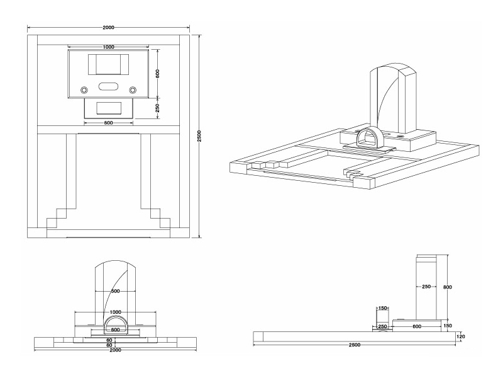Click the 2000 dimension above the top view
pos(108,28)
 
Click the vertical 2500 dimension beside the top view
pos(199,135)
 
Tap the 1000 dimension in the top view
pos(108,47)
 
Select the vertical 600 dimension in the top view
pos(158,73)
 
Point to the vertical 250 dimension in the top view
pos(158,107)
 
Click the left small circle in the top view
pos(84,90)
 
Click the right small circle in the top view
pos(133,90)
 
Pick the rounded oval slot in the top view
pos(108,86)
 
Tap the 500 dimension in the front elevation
pos(115,291)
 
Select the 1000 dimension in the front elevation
pos(115,312)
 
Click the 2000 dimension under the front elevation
pos(115,350)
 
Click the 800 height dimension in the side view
pos(447,287)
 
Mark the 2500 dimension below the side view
pos(355,345)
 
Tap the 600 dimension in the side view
pos(416,326)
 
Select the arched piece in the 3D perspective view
pos(366,137)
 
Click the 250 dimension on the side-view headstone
pos(426,287)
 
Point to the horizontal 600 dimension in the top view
pos(108,123)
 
